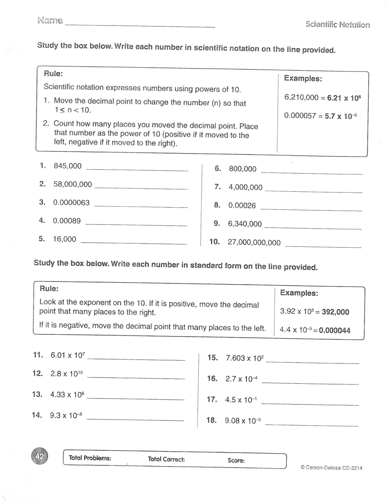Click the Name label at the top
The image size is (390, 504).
(50, 20)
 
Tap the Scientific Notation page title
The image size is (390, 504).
(337, 24)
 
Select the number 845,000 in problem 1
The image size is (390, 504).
(67, 166)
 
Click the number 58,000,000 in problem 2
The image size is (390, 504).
(73, 184)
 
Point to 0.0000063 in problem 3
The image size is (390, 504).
(71, 203)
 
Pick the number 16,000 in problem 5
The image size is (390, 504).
(65, 239)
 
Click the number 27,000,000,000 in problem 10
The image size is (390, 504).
(254, 242)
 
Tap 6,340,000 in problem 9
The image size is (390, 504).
(245, 224)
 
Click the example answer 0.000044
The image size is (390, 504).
(335, 330)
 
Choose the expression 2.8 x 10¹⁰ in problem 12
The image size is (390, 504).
(67, 374)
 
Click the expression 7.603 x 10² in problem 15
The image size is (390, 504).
(245, 358)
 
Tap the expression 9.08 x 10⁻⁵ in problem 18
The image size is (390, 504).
(243, 420)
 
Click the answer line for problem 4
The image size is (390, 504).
(136, 225)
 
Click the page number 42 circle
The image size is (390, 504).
(39, 457)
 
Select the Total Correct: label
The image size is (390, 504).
(166, 459)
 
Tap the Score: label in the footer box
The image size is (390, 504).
(236, 461)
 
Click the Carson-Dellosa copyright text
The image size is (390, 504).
(331, 468)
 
